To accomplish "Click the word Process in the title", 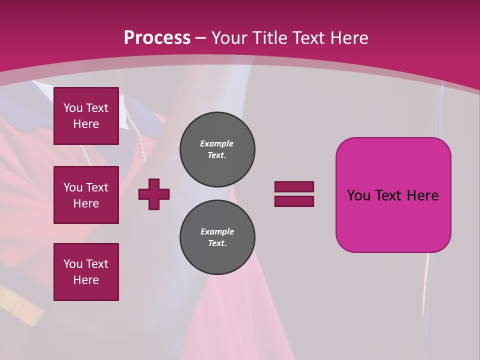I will click(157, 37).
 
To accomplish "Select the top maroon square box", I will click(86, 116).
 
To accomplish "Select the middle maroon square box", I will click(86, 195).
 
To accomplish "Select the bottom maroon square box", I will click(86, 272).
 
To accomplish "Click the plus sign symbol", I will click(154, 194).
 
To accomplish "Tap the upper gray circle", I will click(217, 149).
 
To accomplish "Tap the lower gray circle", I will click(217, 237).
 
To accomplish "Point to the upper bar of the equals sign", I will click(294, 186).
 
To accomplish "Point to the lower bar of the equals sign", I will click(294, 201).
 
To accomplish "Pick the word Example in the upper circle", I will click(217, 143).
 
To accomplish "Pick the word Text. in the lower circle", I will click(217, 243).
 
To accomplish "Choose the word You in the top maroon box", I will click(72, 108).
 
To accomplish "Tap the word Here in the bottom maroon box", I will click(86, 280).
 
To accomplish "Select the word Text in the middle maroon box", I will click(96, 187).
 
